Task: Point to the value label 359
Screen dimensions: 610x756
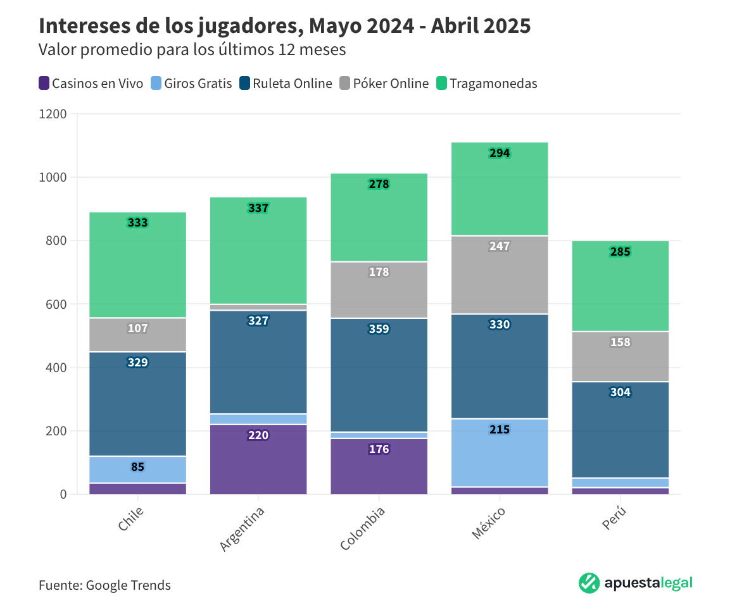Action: (379, 329)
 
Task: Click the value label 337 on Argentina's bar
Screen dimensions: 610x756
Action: (258, 208)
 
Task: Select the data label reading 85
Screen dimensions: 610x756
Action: (137, 468)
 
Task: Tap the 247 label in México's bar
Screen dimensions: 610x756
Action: (499, 246)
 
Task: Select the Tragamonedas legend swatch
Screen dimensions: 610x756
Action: (443, 84)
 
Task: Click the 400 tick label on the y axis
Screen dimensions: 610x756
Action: (56, 368)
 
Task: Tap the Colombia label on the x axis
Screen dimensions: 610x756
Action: (363, 528)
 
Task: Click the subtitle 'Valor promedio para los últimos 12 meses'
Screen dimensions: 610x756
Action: (192, 50)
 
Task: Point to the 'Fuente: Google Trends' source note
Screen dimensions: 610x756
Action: (104, 585)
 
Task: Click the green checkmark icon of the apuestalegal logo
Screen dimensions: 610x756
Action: (589, 583)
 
